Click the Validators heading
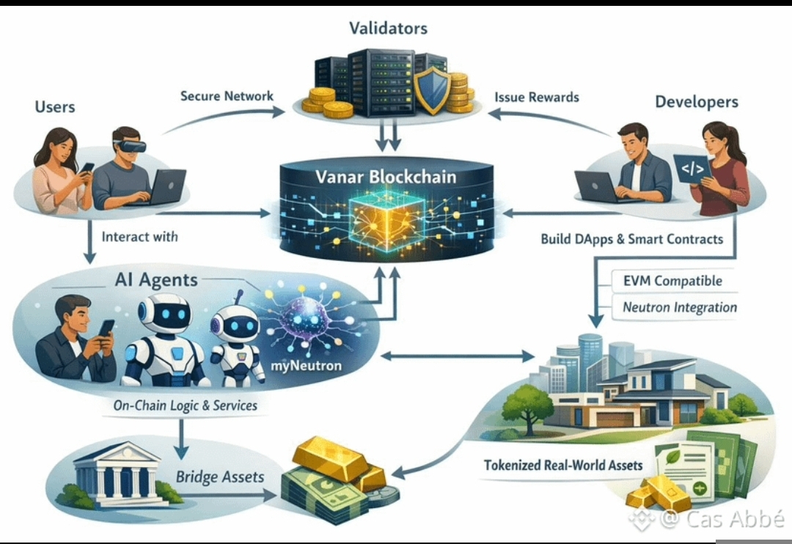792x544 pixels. [388, 29]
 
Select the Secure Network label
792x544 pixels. [227, 96]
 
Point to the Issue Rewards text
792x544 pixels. [537, 97]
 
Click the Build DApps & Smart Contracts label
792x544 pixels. [631, 239]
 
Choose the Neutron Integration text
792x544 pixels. [680, 307]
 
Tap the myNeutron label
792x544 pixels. [306, 365]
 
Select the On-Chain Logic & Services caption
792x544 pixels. [185, 405]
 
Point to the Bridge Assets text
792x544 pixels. [219, 477]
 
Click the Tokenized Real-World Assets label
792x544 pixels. [563, 465]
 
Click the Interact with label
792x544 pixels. [139, 237]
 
